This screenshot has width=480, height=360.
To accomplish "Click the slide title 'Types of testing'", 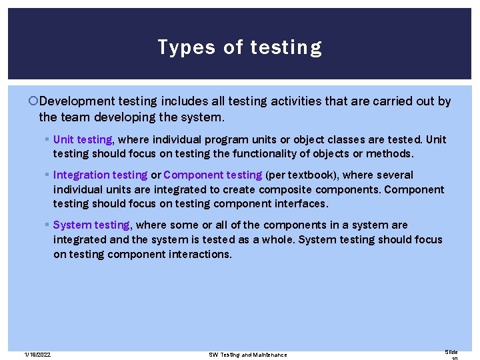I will pos(240,47).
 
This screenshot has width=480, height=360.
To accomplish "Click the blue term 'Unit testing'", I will pos(83,139).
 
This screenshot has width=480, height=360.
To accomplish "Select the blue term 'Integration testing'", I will pos(100,175).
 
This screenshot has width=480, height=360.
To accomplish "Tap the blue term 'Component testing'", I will pos(213,175).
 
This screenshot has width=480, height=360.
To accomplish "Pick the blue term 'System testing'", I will pos(91,225).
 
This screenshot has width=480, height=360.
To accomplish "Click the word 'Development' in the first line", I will pos(77,101).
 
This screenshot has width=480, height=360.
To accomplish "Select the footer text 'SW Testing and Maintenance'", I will pos(248,354).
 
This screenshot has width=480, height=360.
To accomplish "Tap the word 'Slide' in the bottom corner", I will pos(451,351).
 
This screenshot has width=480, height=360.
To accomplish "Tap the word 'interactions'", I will pos(200,253).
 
